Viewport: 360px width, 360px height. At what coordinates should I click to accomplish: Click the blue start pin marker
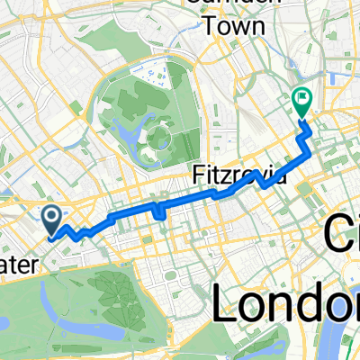(51, 217)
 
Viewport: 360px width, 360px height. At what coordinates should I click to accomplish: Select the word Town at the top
(233, 26)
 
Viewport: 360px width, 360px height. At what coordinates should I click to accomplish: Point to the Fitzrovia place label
(238, 173)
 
